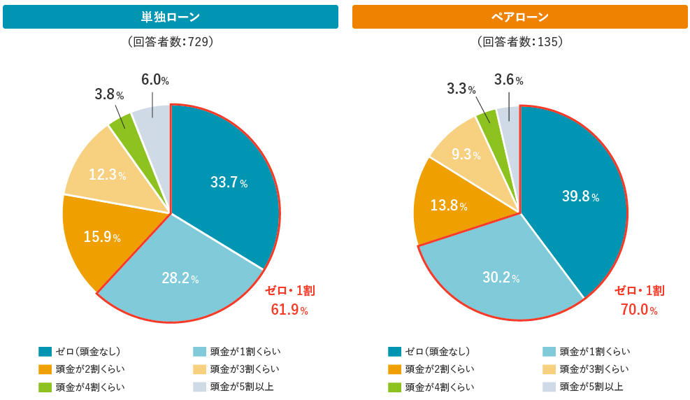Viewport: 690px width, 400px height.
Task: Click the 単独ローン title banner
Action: pos(171,17)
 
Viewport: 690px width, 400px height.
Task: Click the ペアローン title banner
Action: pos(519,17)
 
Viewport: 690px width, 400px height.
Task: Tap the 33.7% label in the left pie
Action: pos(229,183)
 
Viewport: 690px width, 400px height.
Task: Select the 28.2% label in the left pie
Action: pos(180,278)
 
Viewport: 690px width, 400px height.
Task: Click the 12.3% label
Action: pos(107,175)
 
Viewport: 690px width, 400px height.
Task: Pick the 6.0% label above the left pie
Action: pos(154,80)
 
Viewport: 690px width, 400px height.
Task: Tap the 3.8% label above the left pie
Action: pos(109,94)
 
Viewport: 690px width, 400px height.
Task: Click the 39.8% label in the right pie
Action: pos(580,197)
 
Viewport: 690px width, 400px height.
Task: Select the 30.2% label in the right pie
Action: pos(501,277)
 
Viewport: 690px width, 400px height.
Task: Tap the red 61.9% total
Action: pos(289,308)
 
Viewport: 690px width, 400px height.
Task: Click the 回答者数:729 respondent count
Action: pos(171,42)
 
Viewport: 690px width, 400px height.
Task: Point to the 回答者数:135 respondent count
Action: pos(519,42)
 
